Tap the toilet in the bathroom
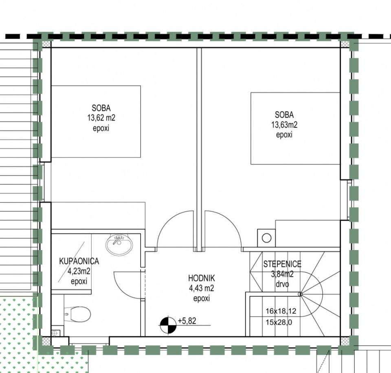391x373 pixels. click(x=77, y=314)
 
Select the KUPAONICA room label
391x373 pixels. click(x=79, y=261)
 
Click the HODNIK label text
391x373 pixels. click(x=202, y=278)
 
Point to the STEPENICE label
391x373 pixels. click(x=282, y=264)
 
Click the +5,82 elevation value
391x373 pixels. click(x=187, y=321)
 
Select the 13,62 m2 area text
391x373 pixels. click(x=101, y=118)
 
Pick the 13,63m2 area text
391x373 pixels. click(x=284, y=125)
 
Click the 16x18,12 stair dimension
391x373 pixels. click(x=281, y=311)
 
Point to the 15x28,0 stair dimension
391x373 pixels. click(x=279, y=323)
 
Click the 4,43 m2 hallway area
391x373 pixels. click(x=202, y=288)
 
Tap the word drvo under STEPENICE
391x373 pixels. click(x=282, y=284)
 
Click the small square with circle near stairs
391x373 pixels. click(x=266, y=238)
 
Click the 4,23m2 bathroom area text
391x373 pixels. click(x=79, y=271)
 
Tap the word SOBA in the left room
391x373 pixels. click(x=101, y=108)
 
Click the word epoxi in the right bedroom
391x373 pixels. click(x=284, y=135)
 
